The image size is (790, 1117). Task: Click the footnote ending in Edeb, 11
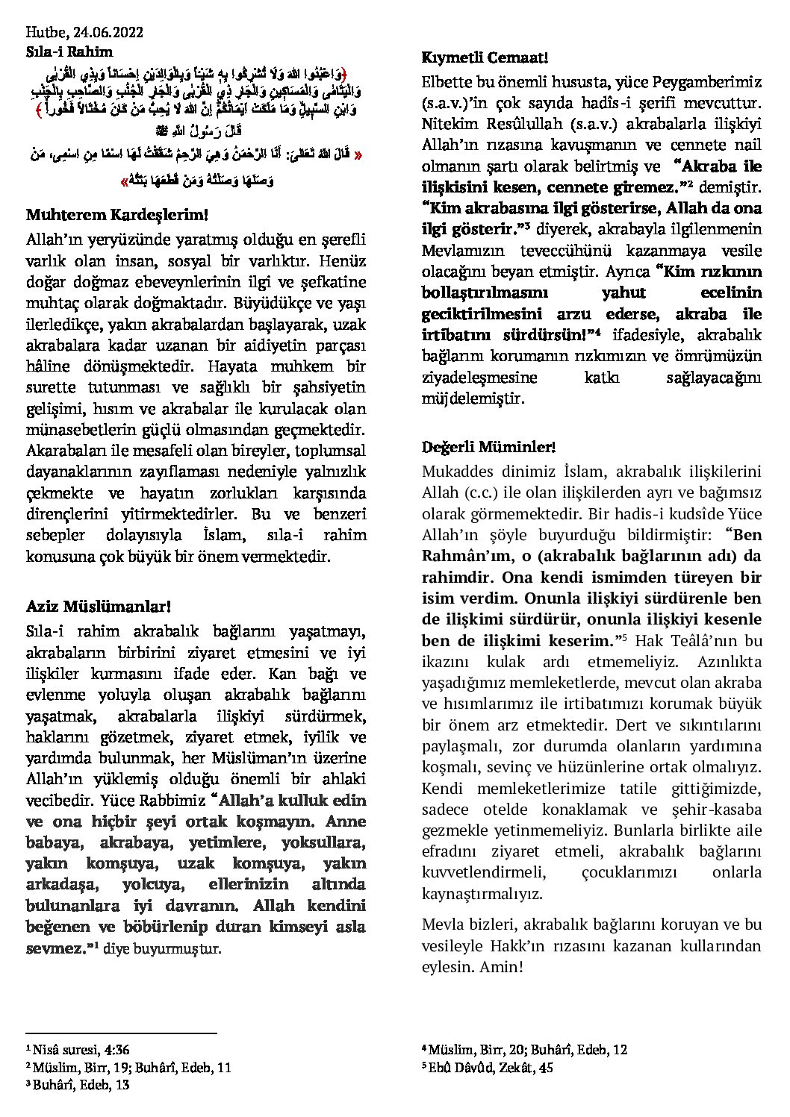[128, 1067]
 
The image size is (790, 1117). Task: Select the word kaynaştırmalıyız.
[482, 893]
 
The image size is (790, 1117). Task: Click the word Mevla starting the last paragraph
[442, 924]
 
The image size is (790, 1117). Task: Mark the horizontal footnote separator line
[121, 1033]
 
